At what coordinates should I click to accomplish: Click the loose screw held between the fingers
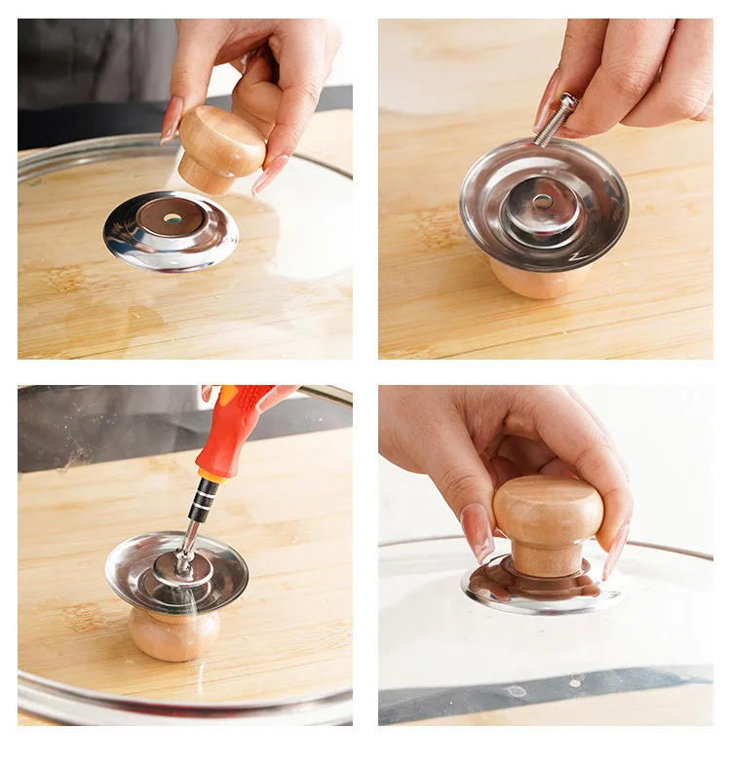tap(556, 120)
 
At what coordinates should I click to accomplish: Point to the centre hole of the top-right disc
tap(542, 202)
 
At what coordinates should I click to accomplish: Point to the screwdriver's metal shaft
tap(190, 537)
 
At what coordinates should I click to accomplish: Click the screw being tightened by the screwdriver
tap(181, 563)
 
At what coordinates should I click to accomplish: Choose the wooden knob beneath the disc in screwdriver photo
tap(174, 633)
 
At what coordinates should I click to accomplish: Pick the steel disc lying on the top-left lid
tap(127, 244)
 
